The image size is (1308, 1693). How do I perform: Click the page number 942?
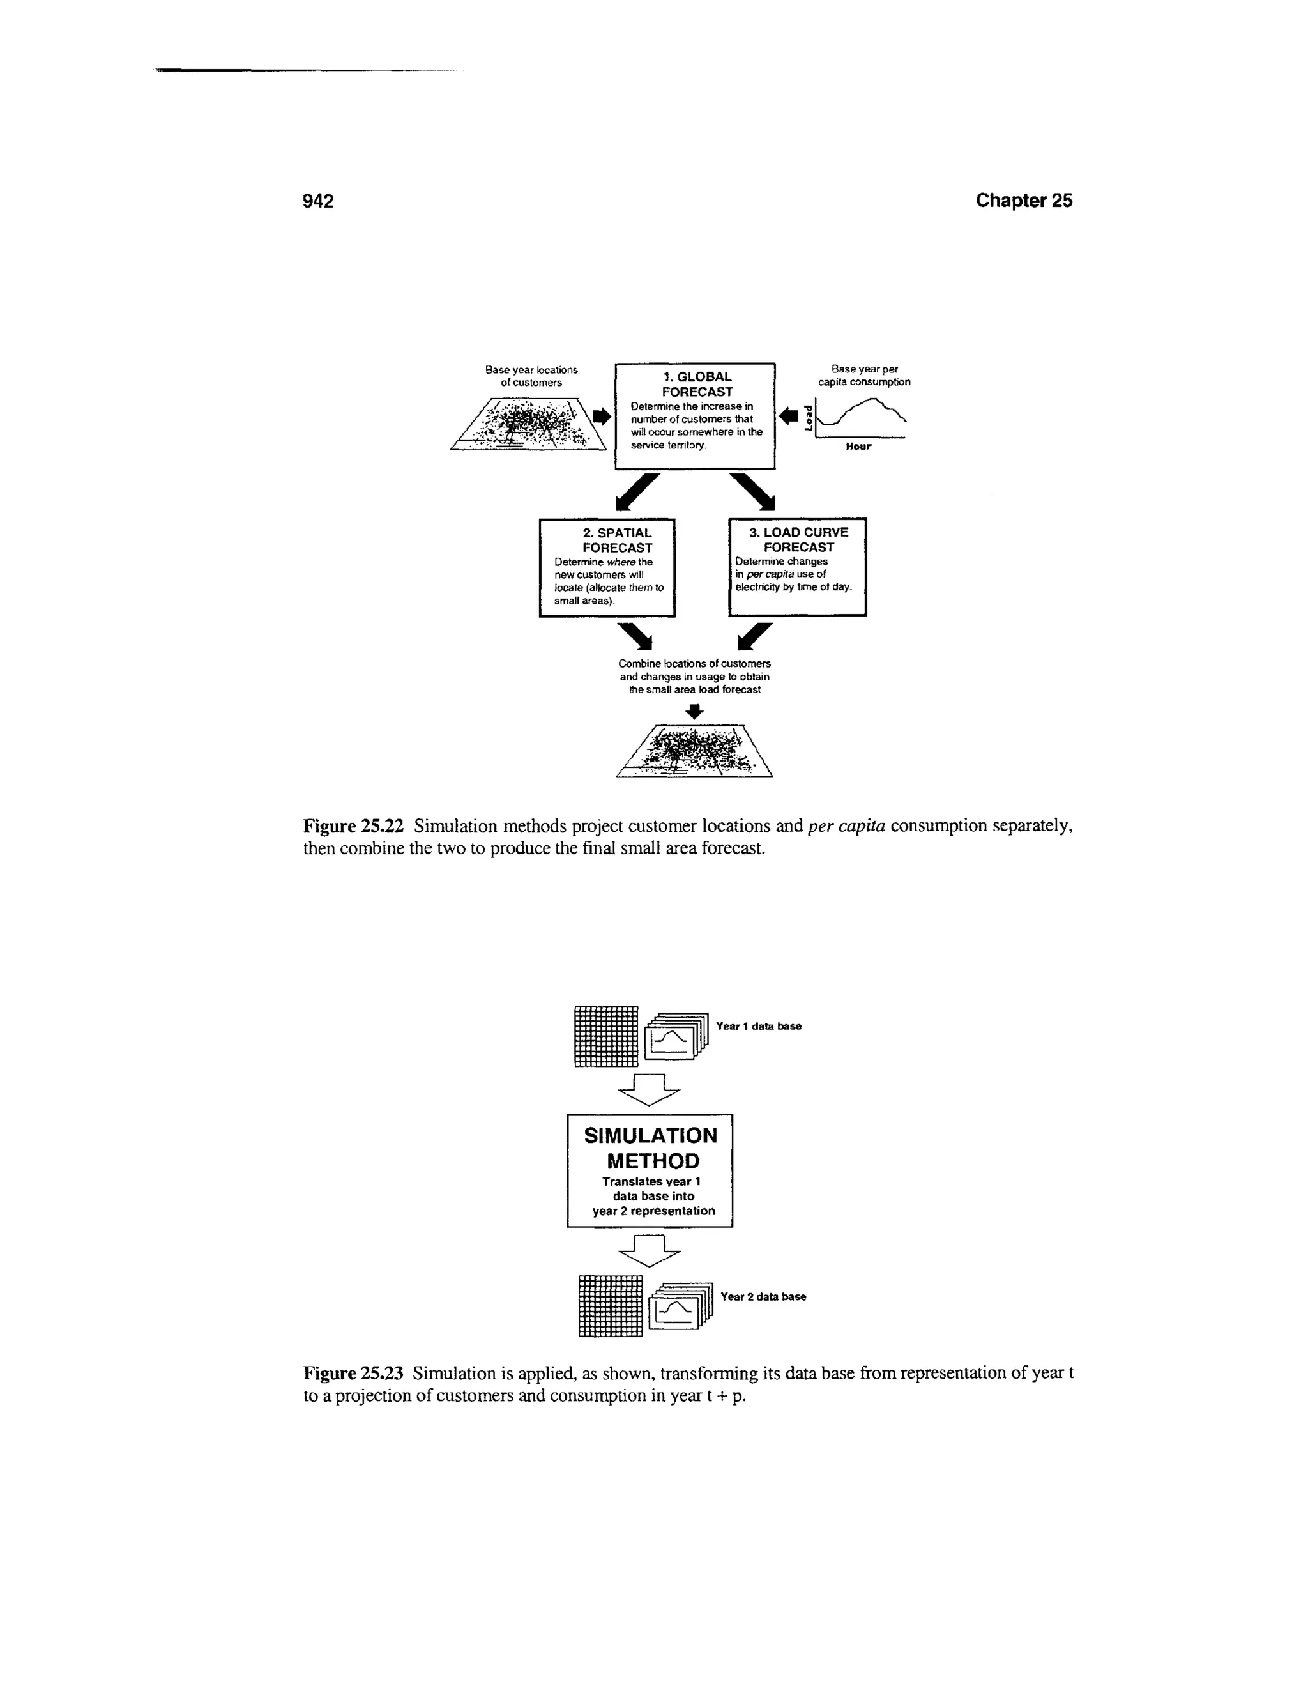[317, 201]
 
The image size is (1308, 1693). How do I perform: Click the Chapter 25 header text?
[1024, 200]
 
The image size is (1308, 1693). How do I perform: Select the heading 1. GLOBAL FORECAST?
[697, 385]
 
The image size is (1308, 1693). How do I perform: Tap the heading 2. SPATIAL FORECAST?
[617, 540]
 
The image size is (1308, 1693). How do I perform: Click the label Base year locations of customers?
[531, 376]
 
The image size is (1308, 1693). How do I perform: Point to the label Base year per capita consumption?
[864, 375]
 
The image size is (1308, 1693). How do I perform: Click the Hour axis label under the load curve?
[858, 447]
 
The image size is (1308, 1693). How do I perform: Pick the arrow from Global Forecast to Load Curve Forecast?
[753, 491]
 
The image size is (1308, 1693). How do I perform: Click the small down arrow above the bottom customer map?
[695, 712]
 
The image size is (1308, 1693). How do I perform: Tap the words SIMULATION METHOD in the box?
[651, 1148]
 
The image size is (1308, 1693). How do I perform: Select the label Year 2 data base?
[763, 1297]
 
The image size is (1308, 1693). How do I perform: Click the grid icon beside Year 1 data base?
[606, 1036]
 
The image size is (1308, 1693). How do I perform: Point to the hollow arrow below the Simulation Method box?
[650, 1250]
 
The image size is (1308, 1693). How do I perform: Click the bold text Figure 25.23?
[353, 1374]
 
